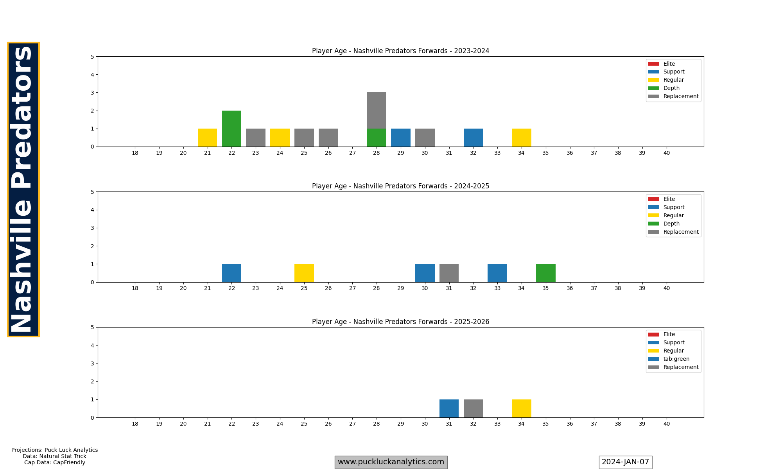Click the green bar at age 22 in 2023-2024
231,129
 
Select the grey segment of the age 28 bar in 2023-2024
377,111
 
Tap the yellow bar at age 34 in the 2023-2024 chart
521,138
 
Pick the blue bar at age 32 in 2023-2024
473,138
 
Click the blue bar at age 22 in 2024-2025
231,273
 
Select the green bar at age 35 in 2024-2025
545,273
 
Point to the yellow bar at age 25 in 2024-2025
304,273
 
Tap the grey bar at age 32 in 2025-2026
473,408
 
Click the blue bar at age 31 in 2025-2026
449,408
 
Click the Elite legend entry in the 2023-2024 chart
669,64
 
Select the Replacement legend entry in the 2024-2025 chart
681,232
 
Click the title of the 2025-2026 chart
400,322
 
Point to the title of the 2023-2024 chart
400,51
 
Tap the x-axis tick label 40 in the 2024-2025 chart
666,288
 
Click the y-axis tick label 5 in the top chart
92,57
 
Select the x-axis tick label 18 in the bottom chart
135,424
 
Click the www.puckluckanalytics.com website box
391,462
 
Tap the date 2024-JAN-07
625,462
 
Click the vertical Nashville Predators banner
23,190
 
